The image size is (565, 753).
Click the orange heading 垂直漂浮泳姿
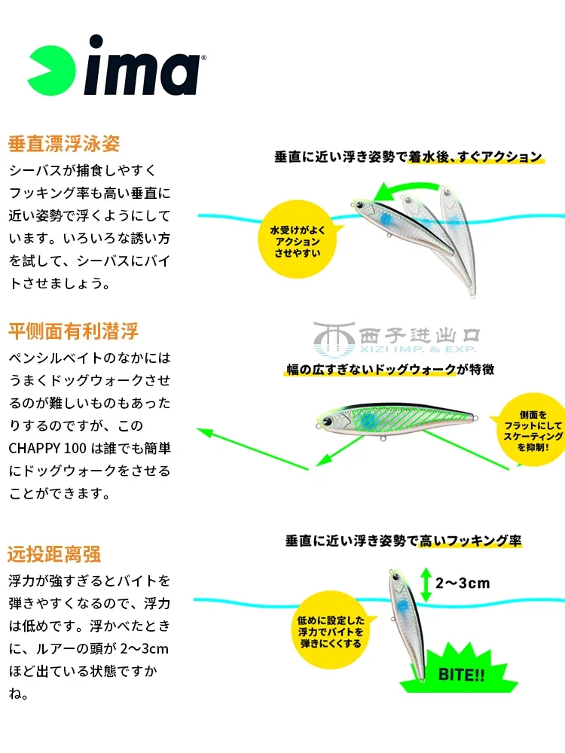tap(64, 143)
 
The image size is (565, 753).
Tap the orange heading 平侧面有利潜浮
tap(73, 331)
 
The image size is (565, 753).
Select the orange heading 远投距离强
tap(54, 555)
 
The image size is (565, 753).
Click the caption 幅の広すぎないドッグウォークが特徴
tap(389, 370)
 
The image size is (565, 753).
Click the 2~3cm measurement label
tap(463, 582)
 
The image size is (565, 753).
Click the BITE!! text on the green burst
tap(462, 674)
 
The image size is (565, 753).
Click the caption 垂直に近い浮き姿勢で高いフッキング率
tap(403, 541)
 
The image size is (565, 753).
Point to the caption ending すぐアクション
tap(408, 157)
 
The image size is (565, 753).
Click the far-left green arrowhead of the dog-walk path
tap(203, 432)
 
